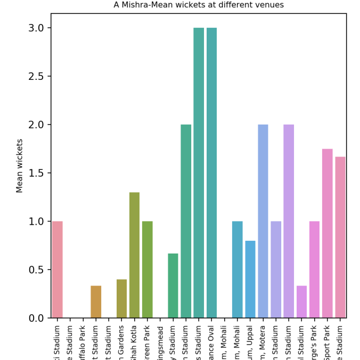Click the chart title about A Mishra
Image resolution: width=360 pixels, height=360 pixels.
coord(199,5)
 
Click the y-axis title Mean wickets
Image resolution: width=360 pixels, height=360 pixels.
coord(20,166)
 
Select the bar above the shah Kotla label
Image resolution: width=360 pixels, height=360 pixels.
coord(134,255)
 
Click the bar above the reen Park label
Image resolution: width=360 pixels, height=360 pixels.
coord(147,269)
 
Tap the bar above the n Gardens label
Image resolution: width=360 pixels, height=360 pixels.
coord(121,299)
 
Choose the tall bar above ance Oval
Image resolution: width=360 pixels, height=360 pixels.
coord(211,173)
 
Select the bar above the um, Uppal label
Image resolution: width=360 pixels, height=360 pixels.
coord(250,279)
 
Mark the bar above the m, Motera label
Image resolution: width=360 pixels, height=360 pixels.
coord(263,221)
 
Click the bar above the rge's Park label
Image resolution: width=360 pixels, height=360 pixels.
coord(314,269)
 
